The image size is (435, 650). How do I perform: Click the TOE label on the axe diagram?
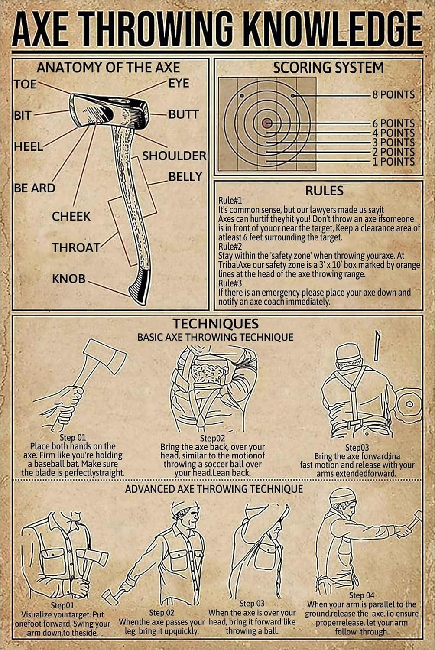(x=26, y=84)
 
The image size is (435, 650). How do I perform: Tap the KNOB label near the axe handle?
(x=69, y=279)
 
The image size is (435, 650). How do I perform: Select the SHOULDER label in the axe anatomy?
(x=174, y=156)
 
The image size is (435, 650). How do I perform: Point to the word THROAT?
(x=76, y=247)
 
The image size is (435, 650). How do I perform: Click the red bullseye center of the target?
(x=267, y=123)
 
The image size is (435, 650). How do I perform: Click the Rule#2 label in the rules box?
(x=230, y=247)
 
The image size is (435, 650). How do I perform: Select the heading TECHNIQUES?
(x=216, y=324)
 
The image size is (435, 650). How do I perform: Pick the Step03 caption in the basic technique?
(x=357, y=447)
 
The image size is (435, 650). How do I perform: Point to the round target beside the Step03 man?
(x=409, y=404)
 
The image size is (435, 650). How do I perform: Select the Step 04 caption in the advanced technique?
(x=361, y=595)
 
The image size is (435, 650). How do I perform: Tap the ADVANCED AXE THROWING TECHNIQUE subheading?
(x=214, y=489)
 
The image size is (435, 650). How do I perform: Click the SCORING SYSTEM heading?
(x=328, y=68)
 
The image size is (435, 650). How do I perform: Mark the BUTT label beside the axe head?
(x=184, y=114)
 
